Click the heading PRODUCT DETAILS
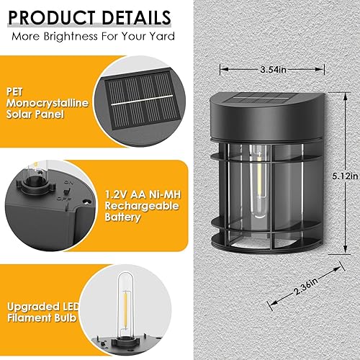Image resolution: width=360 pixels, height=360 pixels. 91,17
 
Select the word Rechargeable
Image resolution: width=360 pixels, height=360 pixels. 140,205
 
